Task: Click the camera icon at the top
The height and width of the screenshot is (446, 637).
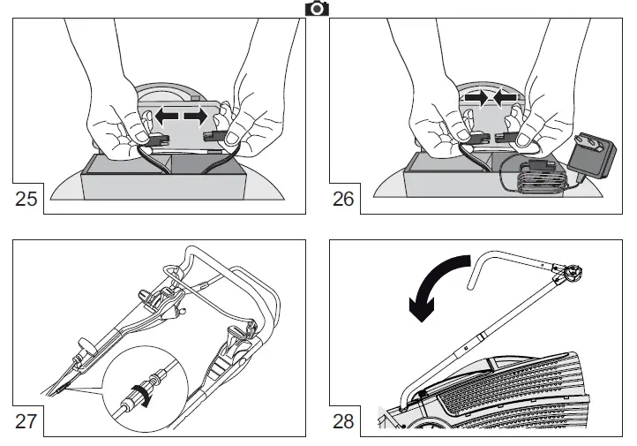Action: tap(317, 8)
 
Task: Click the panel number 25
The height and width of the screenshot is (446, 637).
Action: tap(28, 199)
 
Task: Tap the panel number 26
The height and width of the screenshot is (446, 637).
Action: tap(344, 199)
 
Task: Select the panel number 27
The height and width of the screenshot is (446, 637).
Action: tap(28, 420)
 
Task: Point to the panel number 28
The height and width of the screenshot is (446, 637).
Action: tap(344, 420)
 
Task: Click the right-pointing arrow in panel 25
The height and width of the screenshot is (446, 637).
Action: tap(197, 116)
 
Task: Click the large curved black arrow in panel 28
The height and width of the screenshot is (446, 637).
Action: tap(437, 283)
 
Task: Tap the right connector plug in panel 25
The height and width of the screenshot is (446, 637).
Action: tap(214, 136)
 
